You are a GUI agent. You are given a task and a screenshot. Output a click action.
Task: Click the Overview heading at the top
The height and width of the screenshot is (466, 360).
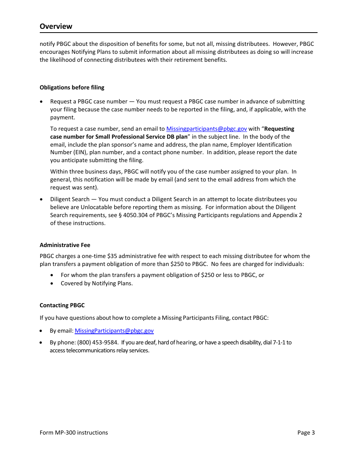click(x=56, y=26)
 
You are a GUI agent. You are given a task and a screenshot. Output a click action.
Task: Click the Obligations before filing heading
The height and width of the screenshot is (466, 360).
click(x=72, y=88)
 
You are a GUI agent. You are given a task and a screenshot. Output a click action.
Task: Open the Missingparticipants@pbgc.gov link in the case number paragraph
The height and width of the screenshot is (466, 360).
click(x=207, y=129)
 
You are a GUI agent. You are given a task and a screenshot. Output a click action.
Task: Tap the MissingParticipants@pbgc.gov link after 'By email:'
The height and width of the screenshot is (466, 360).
click(x=114, y=331)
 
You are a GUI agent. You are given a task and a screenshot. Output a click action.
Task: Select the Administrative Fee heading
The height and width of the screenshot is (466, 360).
click(x=65, y=245)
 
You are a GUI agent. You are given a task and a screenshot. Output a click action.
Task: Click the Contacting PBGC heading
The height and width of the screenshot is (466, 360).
click(x=62, y=305)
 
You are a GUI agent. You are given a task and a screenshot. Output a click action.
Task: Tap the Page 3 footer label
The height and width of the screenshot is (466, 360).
click(x=306, y=433)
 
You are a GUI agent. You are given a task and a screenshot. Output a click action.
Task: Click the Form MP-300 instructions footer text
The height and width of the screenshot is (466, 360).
click(x=74, y=433)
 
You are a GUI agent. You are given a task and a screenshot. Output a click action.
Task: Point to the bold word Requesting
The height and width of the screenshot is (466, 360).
click(x=279, y=129)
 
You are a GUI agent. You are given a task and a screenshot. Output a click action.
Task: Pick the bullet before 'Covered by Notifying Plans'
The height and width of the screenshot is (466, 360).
click(x=52, y=283)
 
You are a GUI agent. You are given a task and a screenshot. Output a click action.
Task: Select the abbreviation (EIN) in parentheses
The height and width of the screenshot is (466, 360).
click(x=58, y=152)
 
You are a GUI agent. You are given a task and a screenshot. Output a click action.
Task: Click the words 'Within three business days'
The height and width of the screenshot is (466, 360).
click(x=84, y=172)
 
